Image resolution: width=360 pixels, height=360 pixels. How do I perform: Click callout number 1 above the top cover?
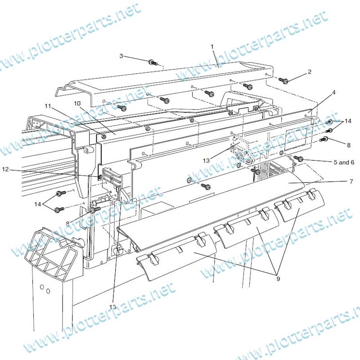[212, 47]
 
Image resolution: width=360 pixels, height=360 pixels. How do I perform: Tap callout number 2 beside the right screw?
[310, 72]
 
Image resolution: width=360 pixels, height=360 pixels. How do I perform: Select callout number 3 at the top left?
[121, 56]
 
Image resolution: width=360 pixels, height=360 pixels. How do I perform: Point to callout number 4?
[334, 92]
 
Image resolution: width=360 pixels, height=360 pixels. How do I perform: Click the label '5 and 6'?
[344, 162]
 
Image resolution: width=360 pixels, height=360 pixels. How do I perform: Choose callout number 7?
[351, 181]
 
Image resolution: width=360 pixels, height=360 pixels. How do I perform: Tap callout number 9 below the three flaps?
[278, 279]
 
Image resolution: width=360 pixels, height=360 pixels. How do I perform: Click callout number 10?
[77, 103]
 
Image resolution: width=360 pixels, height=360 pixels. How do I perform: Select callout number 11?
[48, 106]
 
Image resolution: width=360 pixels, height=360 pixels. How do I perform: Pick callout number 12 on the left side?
[5, 169]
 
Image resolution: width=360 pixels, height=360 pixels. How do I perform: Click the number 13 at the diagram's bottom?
[113, 307]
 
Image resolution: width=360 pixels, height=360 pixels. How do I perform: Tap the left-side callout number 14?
[38, 204]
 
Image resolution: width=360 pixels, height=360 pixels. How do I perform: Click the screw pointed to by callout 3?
[152, 62]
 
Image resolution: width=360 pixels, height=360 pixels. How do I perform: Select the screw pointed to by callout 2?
[284, 81]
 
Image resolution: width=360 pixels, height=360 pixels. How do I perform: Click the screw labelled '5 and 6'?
[299, 158]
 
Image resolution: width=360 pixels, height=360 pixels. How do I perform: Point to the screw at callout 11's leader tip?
[104, 137]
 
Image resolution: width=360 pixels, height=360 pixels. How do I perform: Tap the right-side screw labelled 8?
[324, 139]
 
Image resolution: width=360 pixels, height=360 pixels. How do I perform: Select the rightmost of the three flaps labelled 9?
[300, 205]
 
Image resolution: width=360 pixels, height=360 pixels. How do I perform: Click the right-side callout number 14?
[348, 121]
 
